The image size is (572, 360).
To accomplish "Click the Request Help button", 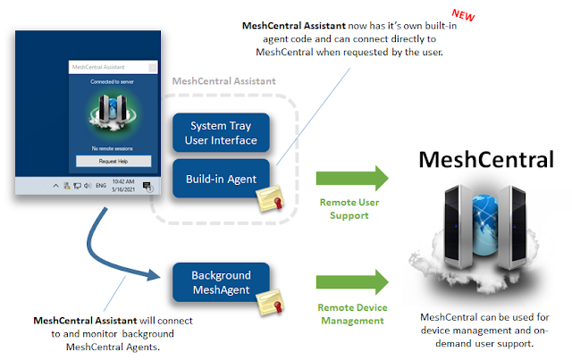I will click(113, 162).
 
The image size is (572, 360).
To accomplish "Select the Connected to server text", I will click(113, 81).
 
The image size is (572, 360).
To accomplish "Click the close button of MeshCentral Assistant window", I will click(153, 66).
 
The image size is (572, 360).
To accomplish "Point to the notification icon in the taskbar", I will click(148, 186).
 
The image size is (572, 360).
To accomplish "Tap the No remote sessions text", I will click(113, 147).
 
